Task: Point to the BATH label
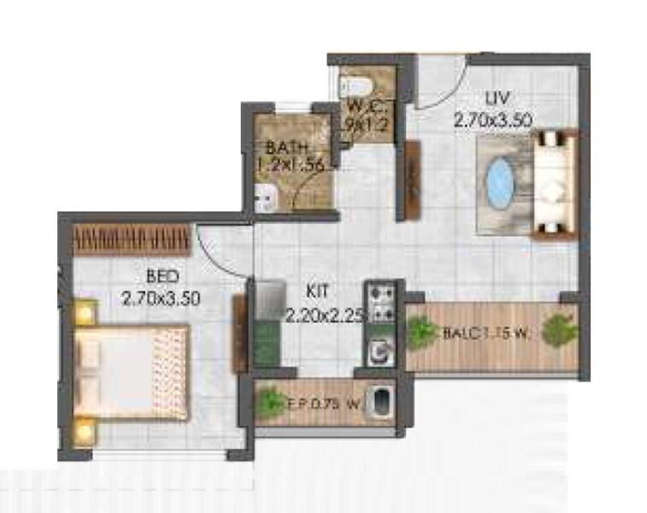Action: pyautogui.click(x=281, y=146)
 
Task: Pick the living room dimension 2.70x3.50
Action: pyautogui.click(x=493, y=121)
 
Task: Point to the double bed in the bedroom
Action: pyautogui.click(x=128, y=367)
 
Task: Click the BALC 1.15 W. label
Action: pyautogui.click(x=484, y=334)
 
